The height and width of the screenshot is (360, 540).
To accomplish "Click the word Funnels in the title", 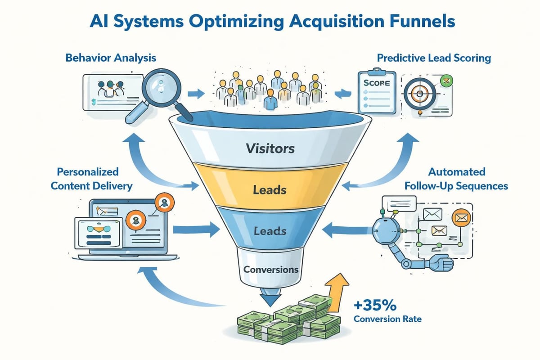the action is coord(422,21).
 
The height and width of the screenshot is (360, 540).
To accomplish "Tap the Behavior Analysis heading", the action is coord(111,58).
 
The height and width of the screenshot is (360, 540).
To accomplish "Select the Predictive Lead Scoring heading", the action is coord(434,58).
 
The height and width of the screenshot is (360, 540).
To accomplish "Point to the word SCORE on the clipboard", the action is coord(377,83).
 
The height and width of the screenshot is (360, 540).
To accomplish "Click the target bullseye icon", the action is coord(420,94).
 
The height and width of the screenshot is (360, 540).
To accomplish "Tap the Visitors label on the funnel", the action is coord(270,148).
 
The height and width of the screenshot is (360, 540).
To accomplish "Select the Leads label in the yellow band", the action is coord(270,190).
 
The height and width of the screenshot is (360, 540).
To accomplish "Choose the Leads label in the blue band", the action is coord(270,231).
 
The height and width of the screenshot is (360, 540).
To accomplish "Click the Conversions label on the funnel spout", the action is coord(271,270).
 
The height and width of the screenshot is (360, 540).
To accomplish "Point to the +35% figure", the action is coord(375,305).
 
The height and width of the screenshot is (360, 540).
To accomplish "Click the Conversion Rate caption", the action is coord(387,319).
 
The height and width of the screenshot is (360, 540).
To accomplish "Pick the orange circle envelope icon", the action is coord(461,218).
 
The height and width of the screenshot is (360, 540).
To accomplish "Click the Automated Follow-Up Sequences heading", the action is coord(456,179).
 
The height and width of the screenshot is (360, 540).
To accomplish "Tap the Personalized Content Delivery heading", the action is coord(92,179).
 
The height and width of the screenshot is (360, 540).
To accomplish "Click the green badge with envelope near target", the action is coord(446,81).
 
